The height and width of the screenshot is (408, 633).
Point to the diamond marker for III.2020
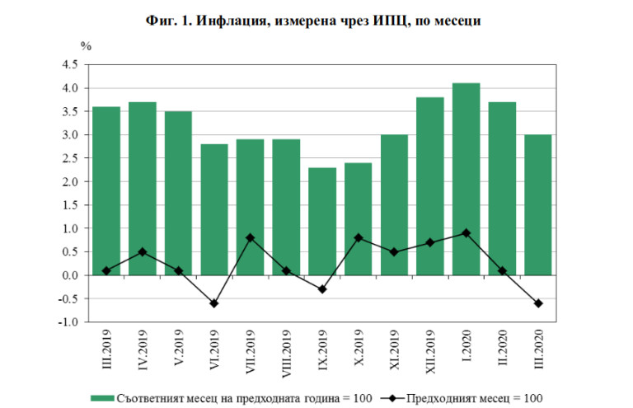pyautogui.click(x=538, y=303)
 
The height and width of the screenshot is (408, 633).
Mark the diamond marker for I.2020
pyautogui.click(x=467, y=233)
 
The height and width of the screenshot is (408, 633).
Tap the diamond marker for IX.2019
pyautogui.click(x=323, y=289)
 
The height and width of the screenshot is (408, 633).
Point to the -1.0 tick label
pyautogui.click(x=68, y=322)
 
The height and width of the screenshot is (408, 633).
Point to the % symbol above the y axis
pyautogui.click(x=85, y=45)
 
